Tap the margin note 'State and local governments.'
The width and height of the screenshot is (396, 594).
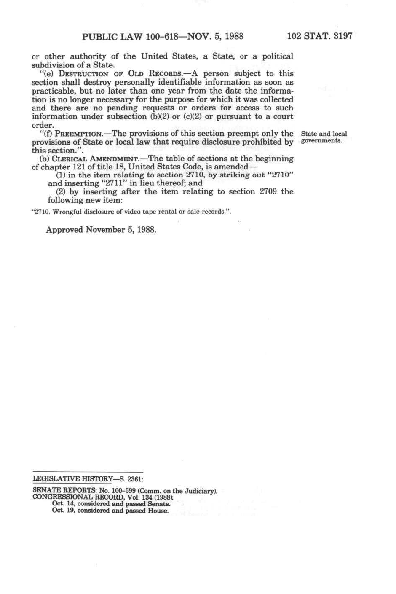tap(324, 137)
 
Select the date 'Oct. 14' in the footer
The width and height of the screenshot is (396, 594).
tap(61, 504)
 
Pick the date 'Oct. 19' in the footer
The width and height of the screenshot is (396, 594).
tap(61, 511)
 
